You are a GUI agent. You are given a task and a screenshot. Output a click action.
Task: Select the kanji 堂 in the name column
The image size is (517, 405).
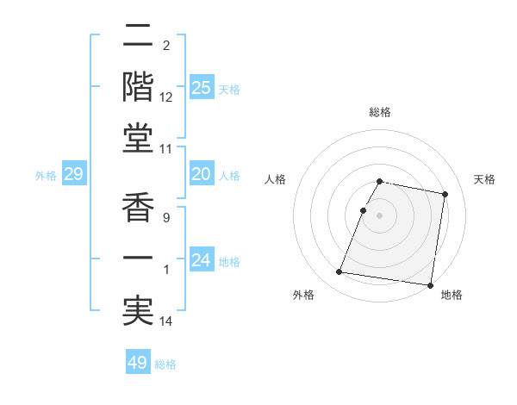coord(139,139)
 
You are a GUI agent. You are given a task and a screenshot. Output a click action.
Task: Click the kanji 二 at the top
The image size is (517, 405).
coord(139,35)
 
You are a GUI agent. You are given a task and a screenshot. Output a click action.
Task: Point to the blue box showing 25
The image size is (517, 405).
coord(202,88)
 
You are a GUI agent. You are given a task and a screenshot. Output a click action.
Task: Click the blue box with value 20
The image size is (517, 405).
coord(202,174)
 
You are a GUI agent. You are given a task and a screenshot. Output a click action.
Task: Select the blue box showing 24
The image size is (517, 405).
coord(202,260)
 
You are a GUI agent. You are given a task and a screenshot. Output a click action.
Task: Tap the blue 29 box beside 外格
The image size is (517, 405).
coord(74,175)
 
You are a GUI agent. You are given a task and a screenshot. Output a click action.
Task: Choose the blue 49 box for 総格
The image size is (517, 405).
coord(138,363)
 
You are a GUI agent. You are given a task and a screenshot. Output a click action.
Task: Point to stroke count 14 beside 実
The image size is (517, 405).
coord(166,321)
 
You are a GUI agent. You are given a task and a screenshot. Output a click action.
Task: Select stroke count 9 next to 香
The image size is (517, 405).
coord(165,218)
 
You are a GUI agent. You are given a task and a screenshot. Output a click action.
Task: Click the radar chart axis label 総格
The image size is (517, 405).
coord(379,112)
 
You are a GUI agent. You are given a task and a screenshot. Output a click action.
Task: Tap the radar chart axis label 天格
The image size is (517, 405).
coord(484,179)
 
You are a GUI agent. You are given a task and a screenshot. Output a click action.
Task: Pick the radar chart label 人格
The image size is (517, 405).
coord(275,179)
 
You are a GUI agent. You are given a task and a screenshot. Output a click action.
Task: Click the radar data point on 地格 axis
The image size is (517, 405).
coord(429,284)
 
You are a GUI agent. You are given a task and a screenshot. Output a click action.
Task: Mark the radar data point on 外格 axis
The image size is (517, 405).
coord(339,272)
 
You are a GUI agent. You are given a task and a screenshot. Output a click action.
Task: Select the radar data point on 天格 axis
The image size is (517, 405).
coord(445,194)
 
